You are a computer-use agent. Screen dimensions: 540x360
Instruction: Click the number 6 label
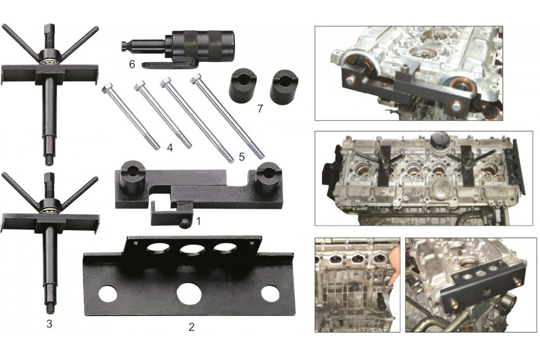(x=132, y=65)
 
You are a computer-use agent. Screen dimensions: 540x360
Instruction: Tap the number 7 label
(x=260, y=109)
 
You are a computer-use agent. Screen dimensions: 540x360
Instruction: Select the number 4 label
(x=170, y=148)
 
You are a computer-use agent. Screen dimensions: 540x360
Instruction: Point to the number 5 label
(x=242, y=157)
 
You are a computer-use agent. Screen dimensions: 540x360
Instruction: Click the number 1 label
(x=198, y=221)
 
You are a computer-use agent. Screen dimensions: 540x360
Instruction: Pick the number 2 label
(x=191, y=327)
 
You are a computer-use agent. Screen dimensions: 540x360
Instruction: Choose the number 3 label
(x=49, y=324)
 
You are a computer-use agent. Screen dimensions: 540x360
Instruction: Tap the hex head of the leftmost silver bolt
(x=107, y=88)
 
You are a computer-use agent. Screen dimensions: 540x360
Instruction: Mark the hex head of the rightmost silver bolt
(x=195, y=79)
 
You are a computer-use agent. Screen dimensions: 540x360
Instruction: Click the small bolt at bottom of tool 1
(x=185, y=225)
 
